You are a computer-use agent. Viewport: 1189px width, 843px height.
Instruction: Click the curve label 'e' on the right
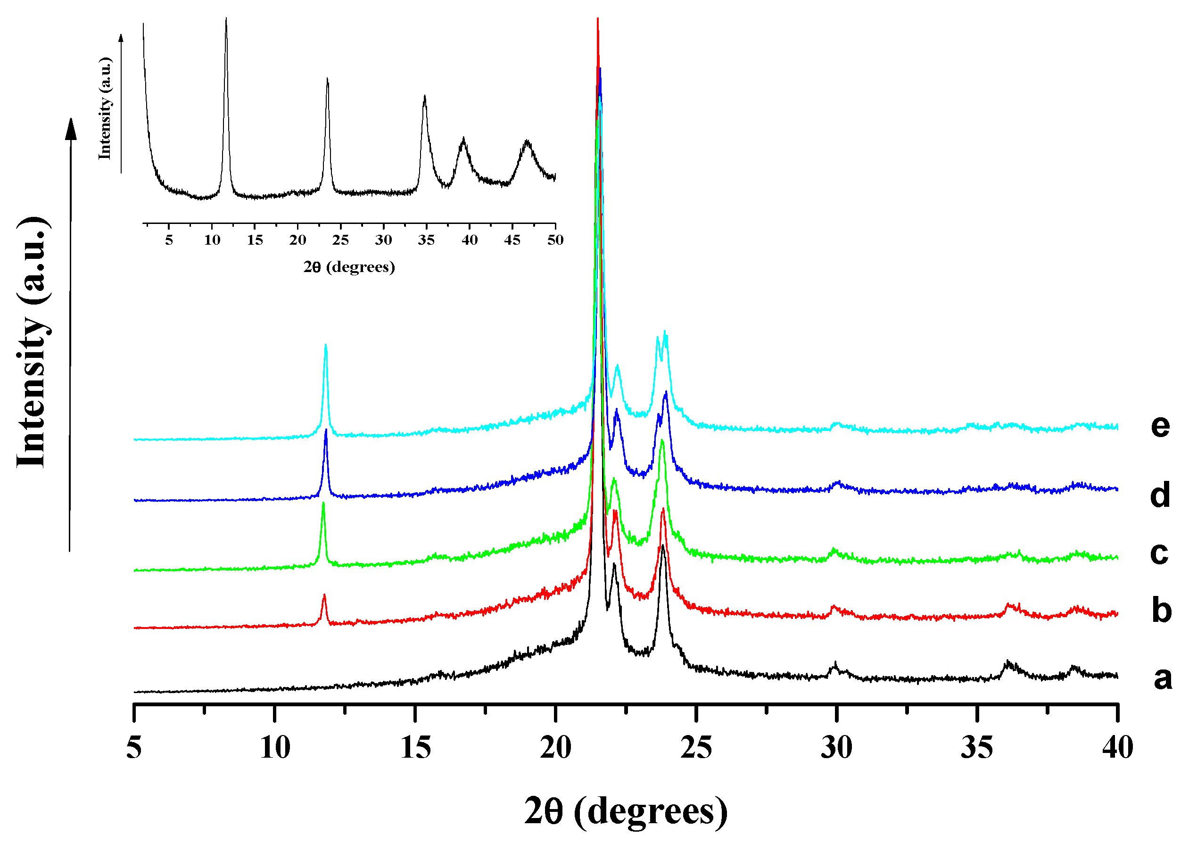(x=1160, y=427)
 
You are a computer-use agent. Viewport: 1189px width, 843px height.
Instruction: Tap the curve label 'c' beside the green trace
(x=1159, y=554)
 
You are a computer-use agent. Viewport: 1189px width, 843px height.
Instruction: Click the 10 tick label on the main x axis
(x=274, y=748)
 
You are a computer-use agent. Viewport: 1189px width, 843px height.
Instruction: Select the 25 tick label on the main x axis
(x=696, y=748)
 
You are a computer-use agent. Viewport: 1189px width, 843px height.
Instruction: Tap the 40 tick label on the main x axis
(x=1117, y=748)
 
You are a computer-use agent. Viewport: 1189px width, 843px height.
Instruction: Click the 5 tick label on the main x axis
(x=134, y=748)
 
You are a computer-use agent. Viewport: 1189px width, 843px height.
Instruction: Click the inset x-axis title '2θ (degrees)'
(x=349, y=267)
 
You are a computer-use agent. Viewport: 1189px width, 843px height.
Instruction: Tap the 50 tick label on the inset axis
(x=555, y=240)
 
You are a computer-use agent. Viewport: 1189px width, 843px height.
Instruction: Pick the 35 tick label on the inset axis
(x=426, y=240)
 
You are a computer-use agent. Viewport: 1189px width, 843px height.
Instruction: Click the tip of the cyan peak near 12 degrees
(x=325, y=345)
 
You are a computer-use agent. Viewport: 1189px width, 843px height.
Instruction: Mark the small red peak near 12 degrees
(x=324, y=596)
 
